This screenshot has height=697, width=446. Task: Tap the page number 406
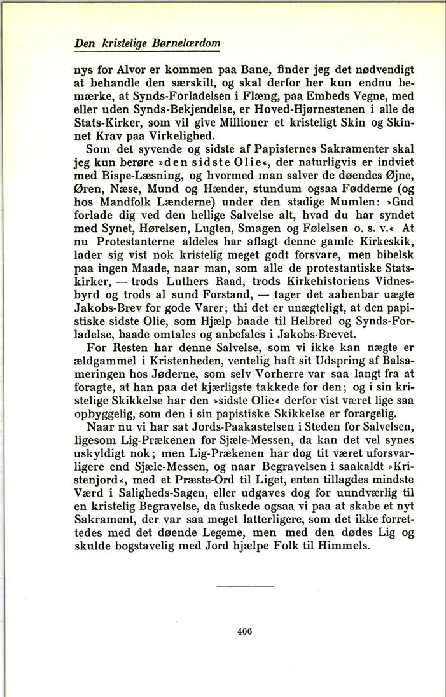pyautogui.click(x=244, y=631)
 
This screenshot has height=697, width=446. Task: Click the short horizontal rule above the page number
pyautogui.click(x=244, y=585)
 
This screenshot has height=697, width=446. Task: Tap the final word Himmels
pyautogui.click(x=347, y=548)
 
